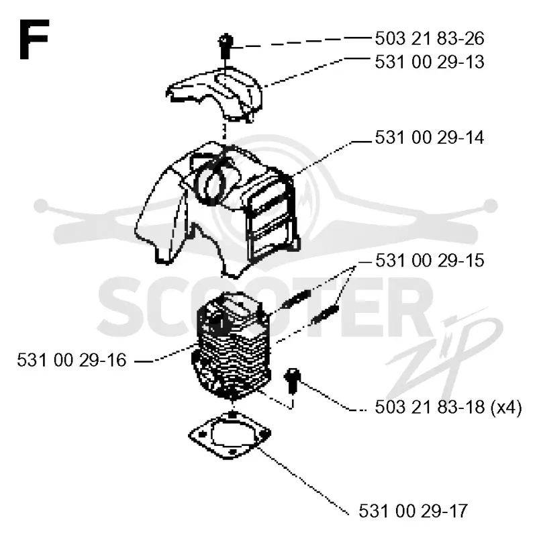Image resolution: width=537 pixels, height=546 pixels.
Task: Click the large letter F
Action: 34,39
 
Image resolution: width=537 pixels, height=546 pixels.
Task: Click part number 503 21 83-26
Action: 429,38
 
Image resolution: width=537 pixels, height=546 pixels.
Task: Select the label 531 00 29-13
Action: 429,62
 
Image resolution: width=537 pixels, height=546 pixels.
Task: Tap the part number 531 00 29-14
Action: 429,138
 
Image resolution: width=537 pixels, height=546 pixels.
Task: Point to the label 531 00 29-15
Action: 430,261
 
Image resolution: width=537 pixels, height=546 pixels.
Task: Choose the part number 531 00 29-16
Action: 72,360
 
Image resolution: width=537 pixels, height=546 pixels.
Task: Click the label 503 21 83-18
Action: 430,407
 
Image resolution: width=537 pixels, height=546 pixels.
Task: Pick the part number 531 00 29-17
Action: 413,511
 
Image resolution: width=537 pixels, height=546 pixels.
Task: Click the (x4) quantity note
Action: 506,408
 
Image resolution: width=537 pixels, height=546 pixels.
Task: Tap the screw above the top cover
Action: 226,45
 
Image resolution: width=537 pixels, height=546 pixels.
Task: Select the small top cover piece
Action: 215,93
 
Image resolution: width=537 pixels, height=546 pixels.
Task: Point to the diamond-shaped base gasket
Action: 230,435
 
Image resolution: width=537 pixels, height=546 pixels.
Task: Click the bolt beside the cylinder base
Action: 292,381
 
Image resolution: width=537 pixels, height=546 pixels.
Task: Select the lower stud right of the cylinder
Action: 326,314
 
